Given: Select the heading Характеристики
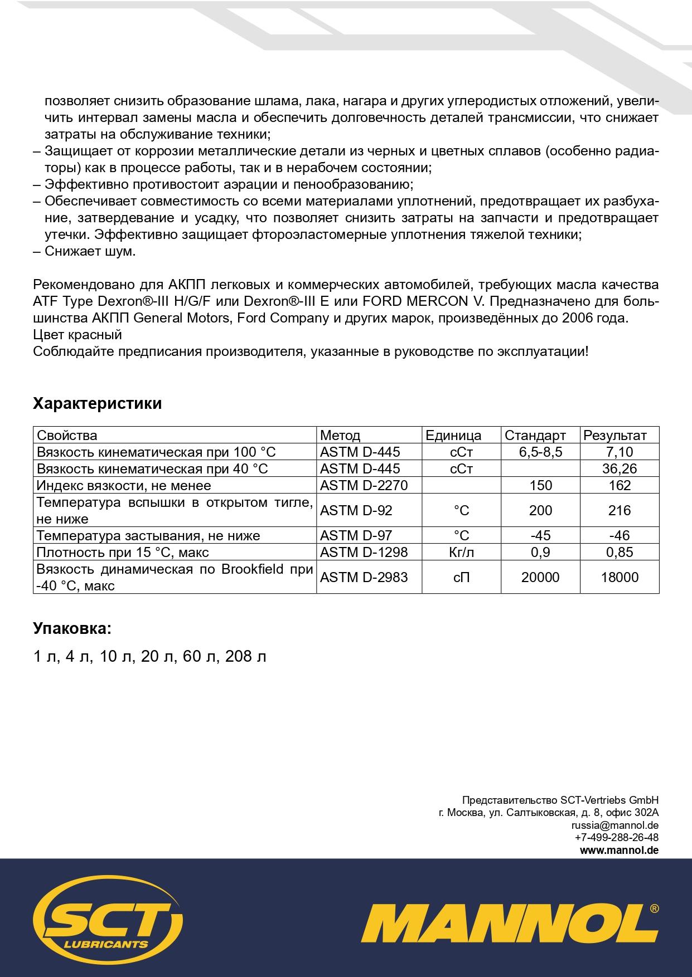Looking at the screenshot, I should (98, 403).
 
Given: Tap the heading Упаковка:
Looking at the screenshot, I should (72, 629).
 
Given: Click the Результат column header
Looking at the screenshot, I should (614, 435).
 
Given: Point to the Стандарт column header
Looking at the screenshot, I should (535, 435).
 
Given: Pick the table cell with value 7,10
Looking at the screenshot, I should (620, 452).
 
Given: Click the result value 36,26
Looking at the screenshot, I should (620, 468).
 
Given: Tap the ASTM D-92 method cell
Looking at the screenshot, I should (356, 510).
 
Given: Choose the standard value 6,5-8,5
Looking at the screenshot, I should (540, 452).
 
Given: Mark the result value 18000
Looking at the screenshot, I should (620, 577).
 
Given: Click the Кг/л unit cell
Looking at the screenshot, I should (461, 552).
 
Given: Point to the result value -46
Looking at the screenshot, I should (620, 535).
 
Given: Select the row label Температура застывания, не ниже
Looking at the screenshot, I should (148, 535).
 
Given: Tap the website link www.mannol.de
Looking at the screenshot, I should (619, 850).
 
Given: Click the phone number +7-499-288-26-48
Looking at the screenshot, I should (616, 837).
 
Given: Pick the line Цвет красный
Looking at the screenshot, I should (78, 335).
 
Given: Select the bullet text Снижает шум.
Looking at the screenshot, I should (90, 251).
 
